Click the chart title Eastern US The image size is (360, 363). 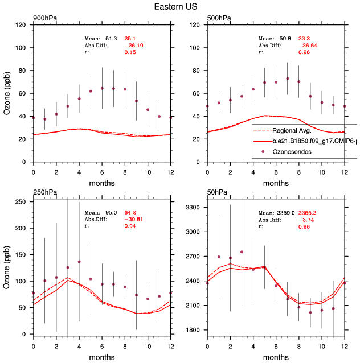coord(180,7)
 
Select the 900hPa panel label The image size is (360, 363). coord(44,19)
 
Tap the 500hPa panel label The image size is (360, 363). coord(219,19)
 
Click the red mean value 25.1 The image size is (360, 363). coord(130,38)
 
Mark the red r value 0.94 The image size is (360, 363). coord(130,227)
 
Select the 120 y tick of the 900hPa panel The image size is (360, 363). coord(22,25)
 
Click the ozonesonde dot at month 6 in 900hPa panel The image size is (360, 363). coord(102,88)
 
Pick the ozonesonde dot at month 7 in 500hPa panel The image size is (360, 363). coord(288,79)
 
